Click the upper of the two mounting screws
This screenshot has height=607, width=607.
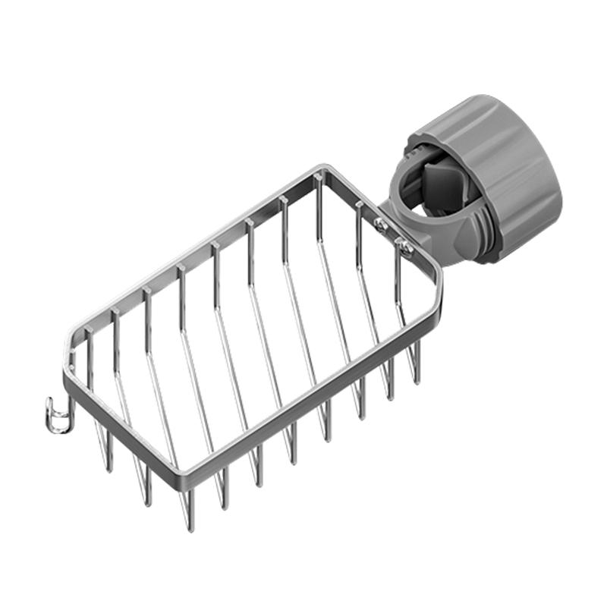click(x=381, y=222)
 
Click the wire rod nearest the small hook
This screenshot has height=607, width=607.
click(x=89, y=357)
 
